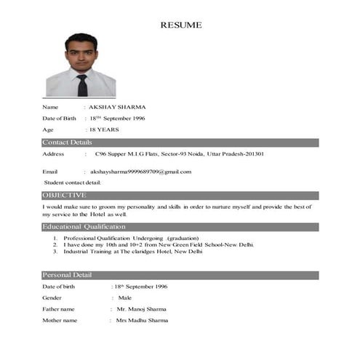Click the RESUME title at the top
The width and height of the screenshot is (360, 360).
coord(181,25)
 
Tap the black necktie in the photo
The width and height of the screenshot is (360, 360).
coord(82,85)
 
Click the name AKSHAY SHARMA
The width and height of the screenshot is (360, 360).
coord(117,107)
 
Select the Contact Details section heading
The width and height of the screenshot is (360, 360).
coord(68,142)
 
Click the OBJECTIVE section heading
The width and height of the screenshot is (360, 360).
coord(65,196)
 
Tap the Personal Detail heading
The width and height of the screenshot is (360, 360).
coord(67,275)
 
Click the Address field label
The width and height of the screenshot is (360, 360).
coord(54,154)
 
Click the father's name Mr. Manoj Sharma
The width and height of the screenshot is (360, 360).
coord(141,309)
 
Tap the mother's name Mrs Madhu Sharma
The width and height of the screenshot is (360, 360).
coord(142,321)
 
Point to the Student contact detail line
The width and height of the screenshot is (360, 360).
coord(73,183)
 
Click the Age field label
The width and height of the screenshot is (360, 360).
coord(48,129)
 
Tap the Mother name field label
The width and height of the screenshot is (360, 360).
coord(60,321)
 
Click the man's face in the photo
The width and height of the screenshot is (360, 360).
coord(80,51)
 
